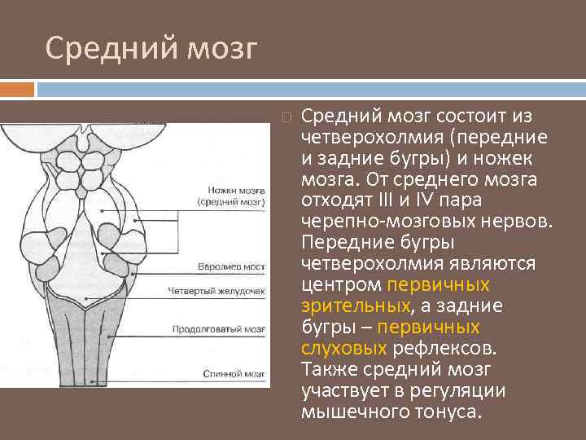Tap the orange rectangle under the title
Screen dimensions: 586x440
tap(17, 89)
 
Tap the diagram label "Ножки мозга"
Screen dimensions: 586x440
tap(233, 187)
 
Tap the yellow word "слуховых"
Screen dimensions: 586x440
tap(343, 348)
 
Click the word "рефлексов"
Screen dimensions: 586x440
tap(444, 348)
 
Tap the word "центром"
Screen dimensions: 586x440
tap(341, 284)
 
